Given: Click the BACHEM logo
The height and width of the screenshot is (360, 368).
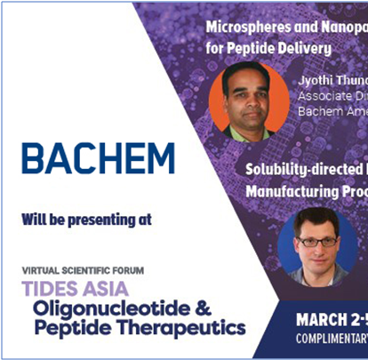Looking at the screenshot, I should (98, 157).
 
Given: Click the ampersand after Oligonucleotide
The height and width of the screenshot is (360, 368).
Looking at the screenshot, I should (228, 308).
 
